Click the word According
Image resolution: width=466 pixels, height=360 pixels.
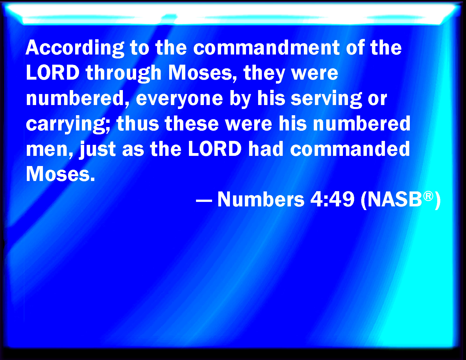point(75,49)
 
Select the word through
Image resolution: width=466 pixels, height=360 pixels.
point(123,73)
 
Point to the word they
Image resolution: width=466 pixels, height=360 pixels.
point(264,73)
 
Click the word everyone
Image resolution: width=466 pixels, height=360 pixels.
point(180,99)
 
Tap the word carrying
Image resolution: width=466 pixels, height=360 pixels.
point(68,124)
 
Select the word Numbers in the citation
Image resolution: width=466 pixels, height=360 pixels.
point(261,199)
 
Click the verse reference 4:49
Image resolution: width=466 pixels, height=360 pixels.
point(332,199)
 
